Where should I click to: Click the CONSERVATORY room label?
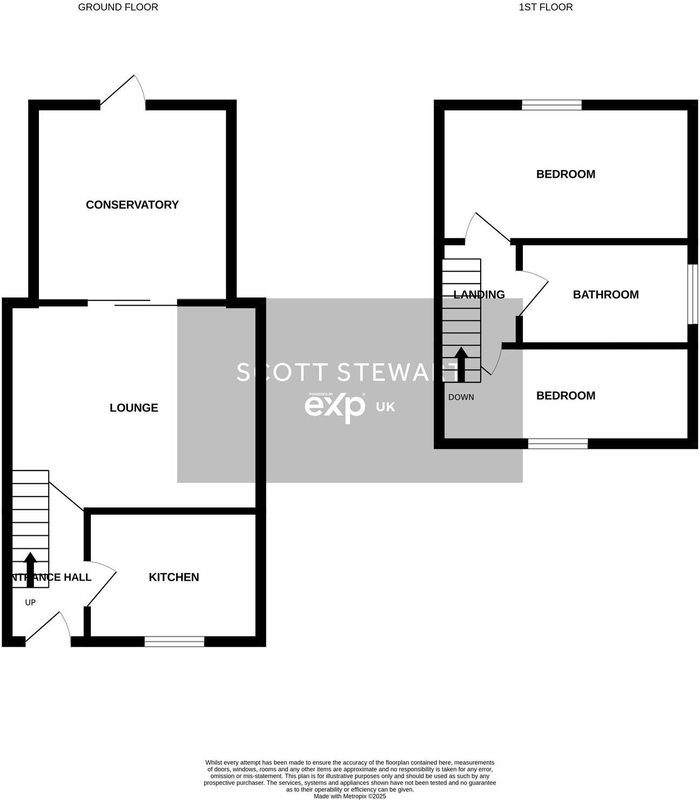point(132,205)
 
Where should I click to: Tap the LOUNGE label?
point(134,408)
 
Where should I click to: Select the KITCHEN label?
point(174,577)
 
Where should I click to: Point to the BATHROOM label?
point(605,294)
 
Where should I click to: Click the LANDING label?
point(479,294)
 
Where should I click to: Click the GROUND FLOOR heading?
point(118,7)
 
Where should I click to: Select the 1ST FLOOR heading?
point(546,7)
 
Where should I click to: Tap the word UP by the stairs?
point(30,602)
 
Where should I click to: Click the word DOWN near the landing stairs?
point(461,397)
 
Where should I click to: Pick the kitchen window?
point(174,641)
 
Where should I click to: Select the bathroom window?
point(692,294)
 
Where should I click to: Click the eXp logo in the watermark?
point(335,406)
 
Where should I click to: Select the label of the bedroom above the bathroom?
point(566,174)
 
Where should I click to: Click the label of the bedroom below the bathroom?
point(566,395)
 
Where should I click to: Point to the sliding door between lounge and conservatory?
point(132,302)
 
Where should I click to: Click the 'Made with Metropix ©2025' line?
point(350,796)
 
